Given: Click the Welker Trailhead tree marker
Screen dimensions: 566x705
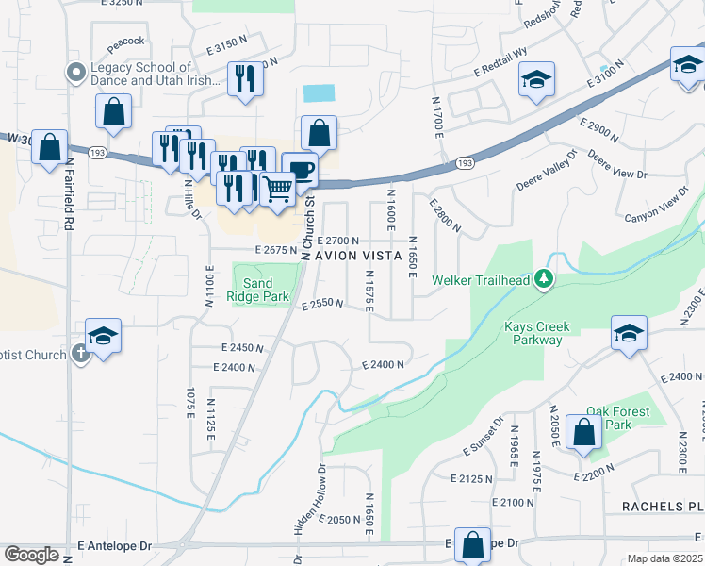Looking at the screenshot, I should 544,279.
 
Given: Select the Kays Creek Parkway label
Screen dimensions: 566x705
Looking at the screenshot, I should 538,334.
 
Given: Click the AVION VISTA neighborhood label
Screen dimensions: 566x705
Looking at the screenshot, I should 357,256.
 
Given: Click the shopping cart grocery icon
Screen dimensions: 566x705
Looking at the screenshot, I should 277,189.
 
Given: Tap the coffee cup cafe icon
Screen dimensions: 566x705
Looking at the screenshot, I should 300,170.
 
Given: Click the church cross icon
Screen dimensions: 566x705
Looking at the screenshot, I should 81,355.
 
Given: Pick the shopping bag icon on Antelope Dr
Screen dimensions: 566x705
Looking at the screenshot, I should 471,544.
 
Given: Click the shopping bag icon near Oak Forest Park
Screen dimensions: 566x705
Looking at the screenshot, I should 584,433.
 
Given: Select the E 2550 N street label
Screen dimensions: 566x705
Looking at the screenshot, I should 321,305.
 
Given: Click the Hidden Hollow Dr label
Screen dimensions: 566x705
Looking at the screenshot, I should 310,514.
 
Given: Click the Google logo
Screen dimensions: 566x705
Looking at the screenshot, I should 31,555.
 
